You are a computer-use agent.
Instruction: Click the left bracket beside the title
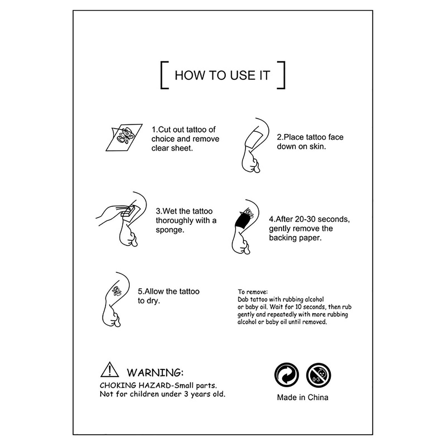(161, 75)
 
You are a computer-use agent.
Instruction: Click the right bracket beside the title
(284, 75)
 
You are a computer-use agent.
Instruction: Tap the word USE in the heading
(239, 75)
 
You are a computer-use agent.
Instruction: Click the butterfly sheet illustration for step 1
(124, 137)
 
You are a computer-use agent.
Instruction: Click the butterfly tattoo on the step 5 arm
(117, 291)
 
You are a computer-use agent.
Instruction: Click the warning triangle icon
(110, 370)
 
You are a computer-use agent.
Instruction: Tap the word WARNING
(155, 373)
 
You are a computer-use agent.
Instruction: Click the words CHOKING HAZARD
(135, 386)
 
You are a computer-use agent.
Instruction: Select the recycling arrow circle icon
(287, 375)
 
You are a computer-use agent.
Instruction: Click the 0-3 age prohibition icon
(318, 375)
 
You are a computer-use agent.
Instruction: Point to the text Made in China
(303, 397)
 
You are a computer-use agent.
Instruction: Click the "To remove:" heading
(253, 292)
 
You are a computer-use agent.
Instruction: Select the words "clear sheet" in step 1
(172, 148)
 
